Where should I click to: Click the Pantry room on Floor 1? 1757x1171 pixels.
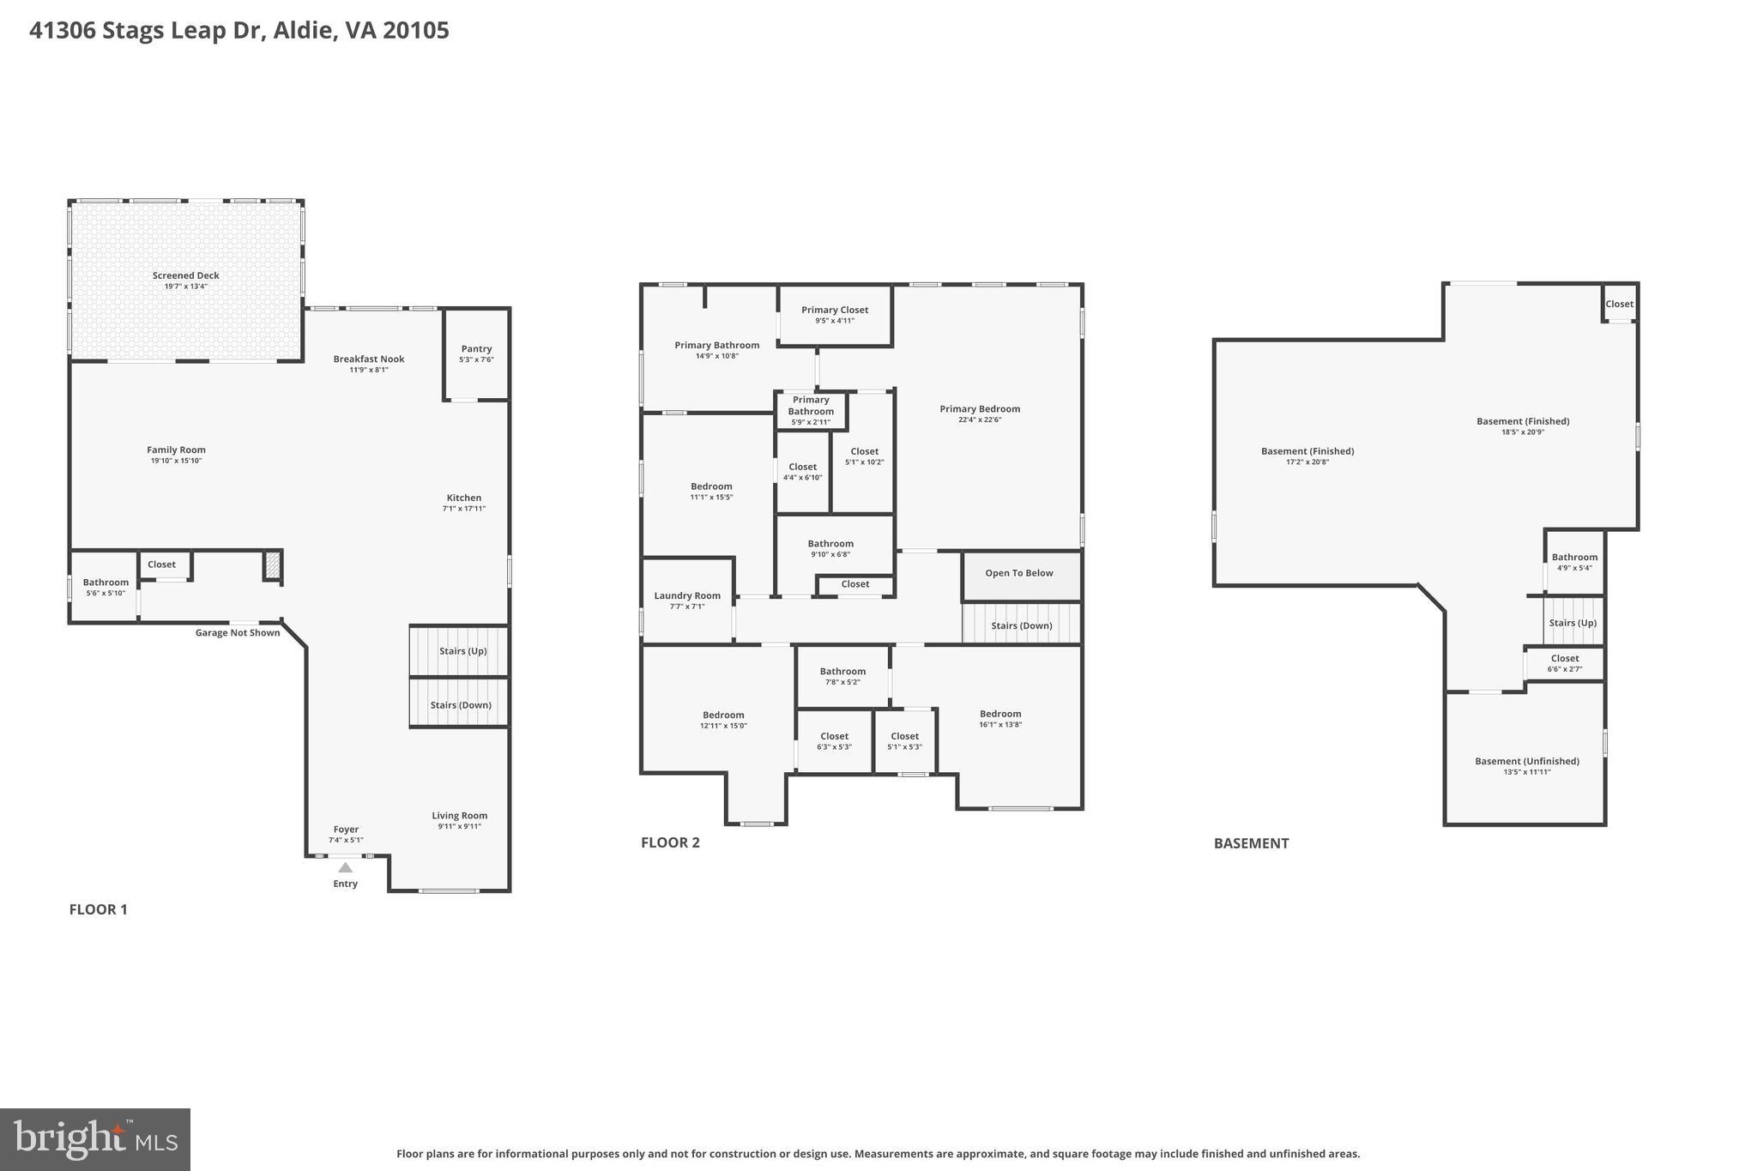pos(476,353)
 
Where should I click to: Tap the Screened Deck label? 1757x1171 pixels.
pos(185,275)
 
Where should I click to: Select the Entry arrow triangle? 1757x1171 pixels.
pos(345,867)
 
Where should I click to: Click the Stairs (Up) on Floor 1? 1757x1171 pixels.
pos(462,650)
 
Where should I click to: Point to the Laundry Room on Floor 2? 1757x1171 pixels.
pos(687,600)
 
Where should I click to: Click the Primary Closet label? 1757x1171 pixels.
pos(835,310)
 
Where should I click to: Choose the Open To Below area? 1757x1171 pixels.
pos(1019,573)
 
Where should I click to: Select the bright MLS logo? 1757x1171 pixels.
pos(95,1139)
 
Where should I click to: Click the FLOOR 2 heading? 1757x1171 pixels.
pos(670,842)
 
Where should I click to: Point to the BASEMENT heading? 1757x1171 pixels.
pos(1251,843)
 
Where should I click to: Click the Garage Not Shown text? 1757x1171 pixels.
pos(238,633)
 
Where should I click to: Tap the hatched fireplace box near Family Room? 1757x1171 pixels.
pos(272,565)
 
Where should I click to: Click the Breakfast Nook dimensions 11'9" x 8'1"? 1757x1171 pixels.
pos(369,370)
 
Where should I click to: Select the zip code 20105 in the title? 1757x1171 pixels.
pos(416,31)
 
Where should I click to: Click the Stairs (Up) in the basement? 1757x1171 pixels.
pos(1573,623)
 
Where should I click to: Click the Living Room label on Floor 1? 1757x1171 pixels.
pos(459,816)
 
